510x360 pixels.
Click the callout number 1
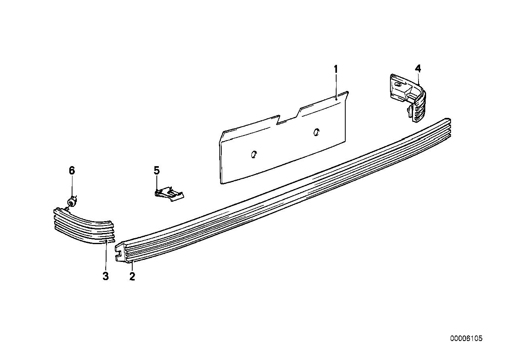(x=336, y=69)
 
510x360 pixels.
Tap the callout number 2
(x=132, y=276)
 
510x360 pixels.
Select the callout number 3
(x=105, y=276)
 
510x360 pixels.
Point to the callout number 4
(x=418, y=69)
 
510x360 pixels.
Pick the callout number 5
(x=157, y=171)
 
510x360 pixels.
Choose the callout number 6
(x=72, y=171)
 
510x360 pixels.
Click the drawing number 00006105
(x=466, y=339)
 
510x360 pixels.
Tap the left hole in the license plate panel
(x=253, y=154)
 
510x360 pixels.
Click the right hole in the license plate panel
(x=316, y=132)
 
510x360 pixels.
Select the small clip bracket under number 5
(x=169, y=194)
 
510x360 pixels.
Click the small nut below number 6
(x=72, y=202)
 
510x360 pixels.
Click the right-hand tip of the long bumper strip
(x=450, y=120)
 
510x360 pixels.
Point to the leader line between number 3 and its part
(x=106, y=256)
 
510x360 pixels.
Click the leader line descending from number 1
(x=336, y=86)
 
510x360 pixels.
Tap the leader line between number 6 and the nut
(x=72, y=186)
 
